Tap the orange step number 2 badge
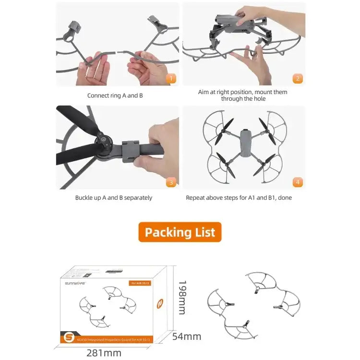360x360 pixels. pos(298,79)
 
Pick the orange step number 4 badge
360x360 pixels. pos(298,182)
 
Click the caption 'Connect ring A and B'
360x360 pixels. pos(115,96)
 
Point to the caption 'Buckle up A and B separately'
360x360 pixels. pos(114,198)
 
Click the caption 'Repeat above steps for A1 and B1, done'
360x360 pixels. pos(239,198)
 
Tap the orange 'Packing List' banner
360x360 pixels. pos(180,232)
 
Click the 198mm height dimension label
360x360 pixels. pos(181,298)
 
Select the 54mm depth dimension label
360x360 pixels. pos(187,336)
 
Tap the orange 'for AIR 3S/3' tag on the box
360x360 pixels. pos(140,282)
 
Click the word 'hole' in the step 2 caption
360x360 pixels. pos(257,99)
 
